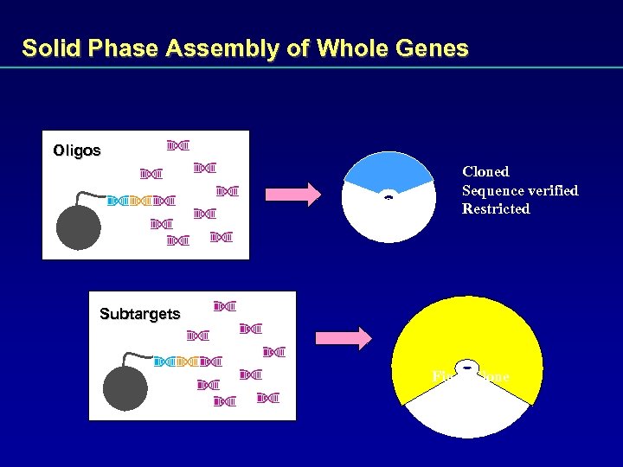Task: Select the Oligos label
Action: tap(76, 150)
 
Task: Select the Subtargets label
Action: tap(139, 314)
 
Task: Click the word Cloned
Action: tap(485, 172)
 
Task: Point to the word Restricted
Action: tap(496, 209)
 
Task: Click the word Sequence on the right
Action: tap(491, 190)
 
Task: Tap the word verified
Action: tap(551, 190)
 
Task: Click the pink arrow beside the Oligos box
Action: tap(292, 195)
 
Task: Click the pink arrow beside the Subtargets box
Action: tap(342, 337)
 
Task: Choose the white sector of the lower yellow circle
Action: tap(467, 413)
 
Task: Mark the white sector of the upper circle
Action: tap(389, 221)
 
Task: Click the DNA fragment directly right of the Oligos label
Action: tap(178, 144)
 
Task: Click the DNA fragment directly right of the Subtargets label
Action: tap(225, 306)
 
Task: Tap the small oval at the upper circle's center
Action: tap(389, 196)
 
